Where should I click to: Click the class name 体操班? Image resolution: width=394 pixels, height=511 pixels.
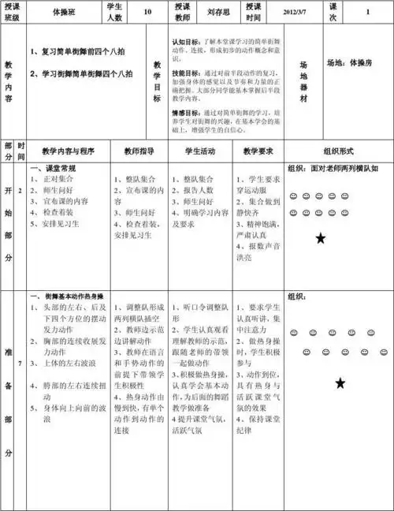[63, 13]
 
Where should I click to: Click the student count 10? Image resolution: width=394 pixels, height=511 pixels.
[147, 13]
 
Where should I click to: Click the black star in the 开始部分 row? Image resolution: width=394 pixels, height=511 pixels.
[320, 238]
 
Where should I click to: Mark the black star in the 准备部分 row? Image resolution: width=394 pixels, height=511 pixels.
[340, 383]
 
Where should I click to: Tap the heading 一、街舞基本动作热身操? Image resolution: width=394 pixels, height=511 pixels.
[69, 295]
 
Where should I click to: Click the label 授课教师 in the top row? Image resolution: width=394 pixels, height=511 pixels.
[182, 13]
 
